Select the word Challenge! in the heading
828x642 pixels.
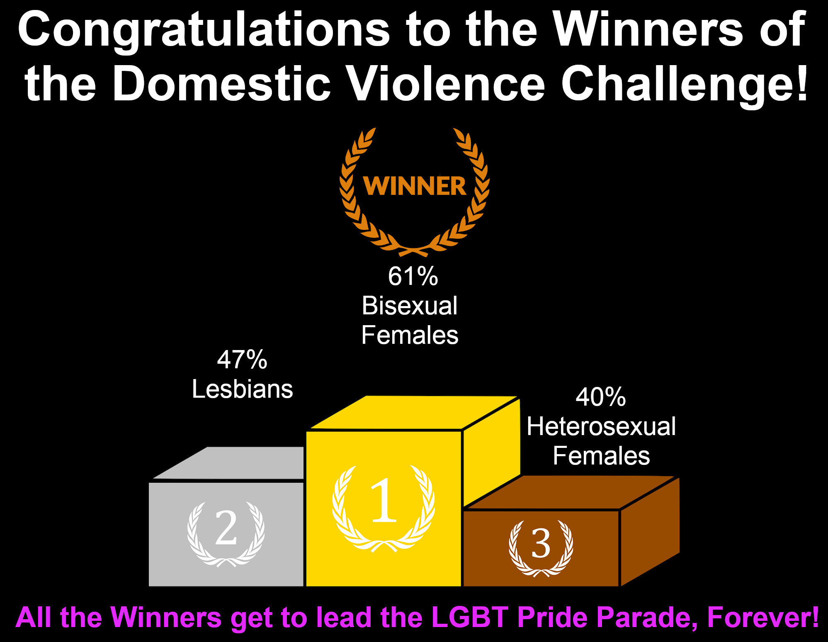[685, 85]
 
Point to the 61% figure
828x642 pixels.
[413, 276]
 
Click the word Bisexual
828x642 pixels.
[410, 306]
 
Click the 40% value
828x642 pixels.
[601, 397]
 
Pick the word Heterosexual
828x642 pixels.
[601, 426]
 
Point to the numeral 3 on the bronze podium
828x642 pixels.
[541, 543]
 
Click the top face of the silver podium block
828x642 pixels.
[228, 463]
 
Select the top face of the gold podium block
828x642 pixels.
[415, 413]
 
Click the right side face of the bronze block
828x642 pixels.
[650, 532]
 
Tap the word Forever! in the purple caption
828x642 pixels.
[763, 617]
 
